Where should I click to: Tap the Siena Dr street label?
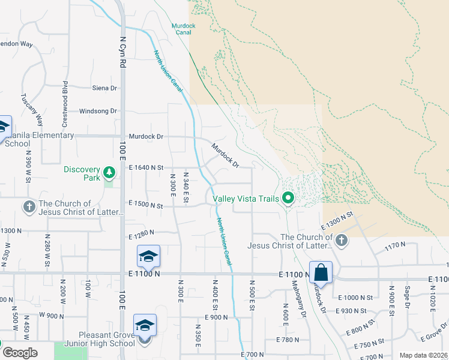(x=104, y=88)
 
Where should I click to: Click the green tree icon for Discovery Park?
(x=109, y=173)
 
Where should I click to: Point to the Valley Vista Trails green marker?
(x=288, y=197)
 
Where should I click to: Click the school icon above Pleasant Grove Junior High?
(x=145, y=325)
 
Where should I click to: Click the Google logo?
(x=20, y=352)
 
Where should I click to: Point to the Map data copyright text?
(x=423, y=355)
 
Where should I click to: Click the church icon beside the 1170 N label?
(x=342, y=241)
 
